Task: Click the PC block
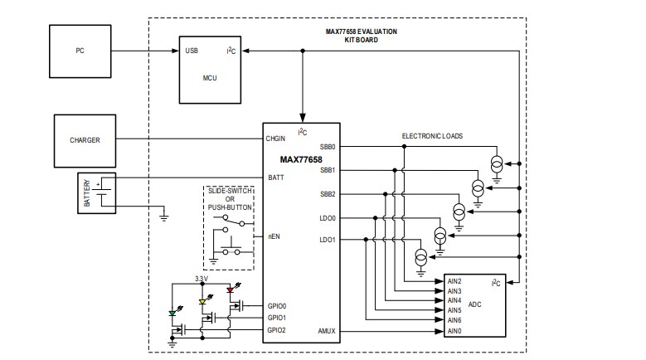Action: pos(80,51)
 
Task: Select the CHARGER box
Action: pos(85,140)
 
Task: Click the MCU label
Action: pos(209,79)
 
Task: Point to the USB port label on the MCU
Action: pos(192,51)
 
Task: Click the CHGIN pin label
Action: pos(276,139)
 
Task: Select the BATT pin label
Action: pos(275,178)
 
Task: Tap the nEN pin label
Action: pos(273,236)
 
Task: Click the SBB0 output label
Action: pos(328,147)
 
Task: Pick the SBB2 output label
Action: pos(328,194)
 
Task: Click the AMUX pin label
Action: pos(327,331)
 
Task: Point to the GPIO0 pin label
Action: pos(277,305)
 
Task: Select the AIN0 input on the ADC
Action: pos(454,331)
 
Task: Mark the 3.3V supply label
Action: pos(201,279)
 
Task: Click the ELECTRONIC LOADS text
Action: pos(432,135)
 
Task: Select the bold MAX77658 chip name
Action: pos(301,159)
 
